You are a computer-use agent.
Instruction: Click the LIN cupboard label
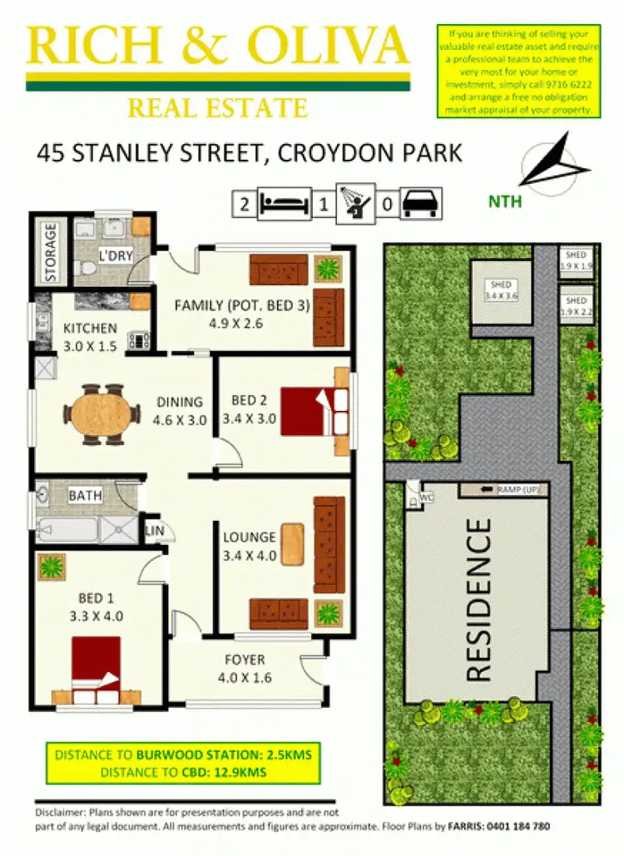pos(154,529)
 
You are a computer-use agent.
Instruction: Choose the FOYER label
pos(245,660)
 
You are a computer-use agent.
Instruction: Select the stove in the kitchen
pos(138,340)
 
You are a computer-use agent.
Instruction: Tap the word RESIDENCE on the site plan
pos(478,600)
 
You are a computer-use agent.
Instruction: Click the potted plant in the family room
pos(329,269)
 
